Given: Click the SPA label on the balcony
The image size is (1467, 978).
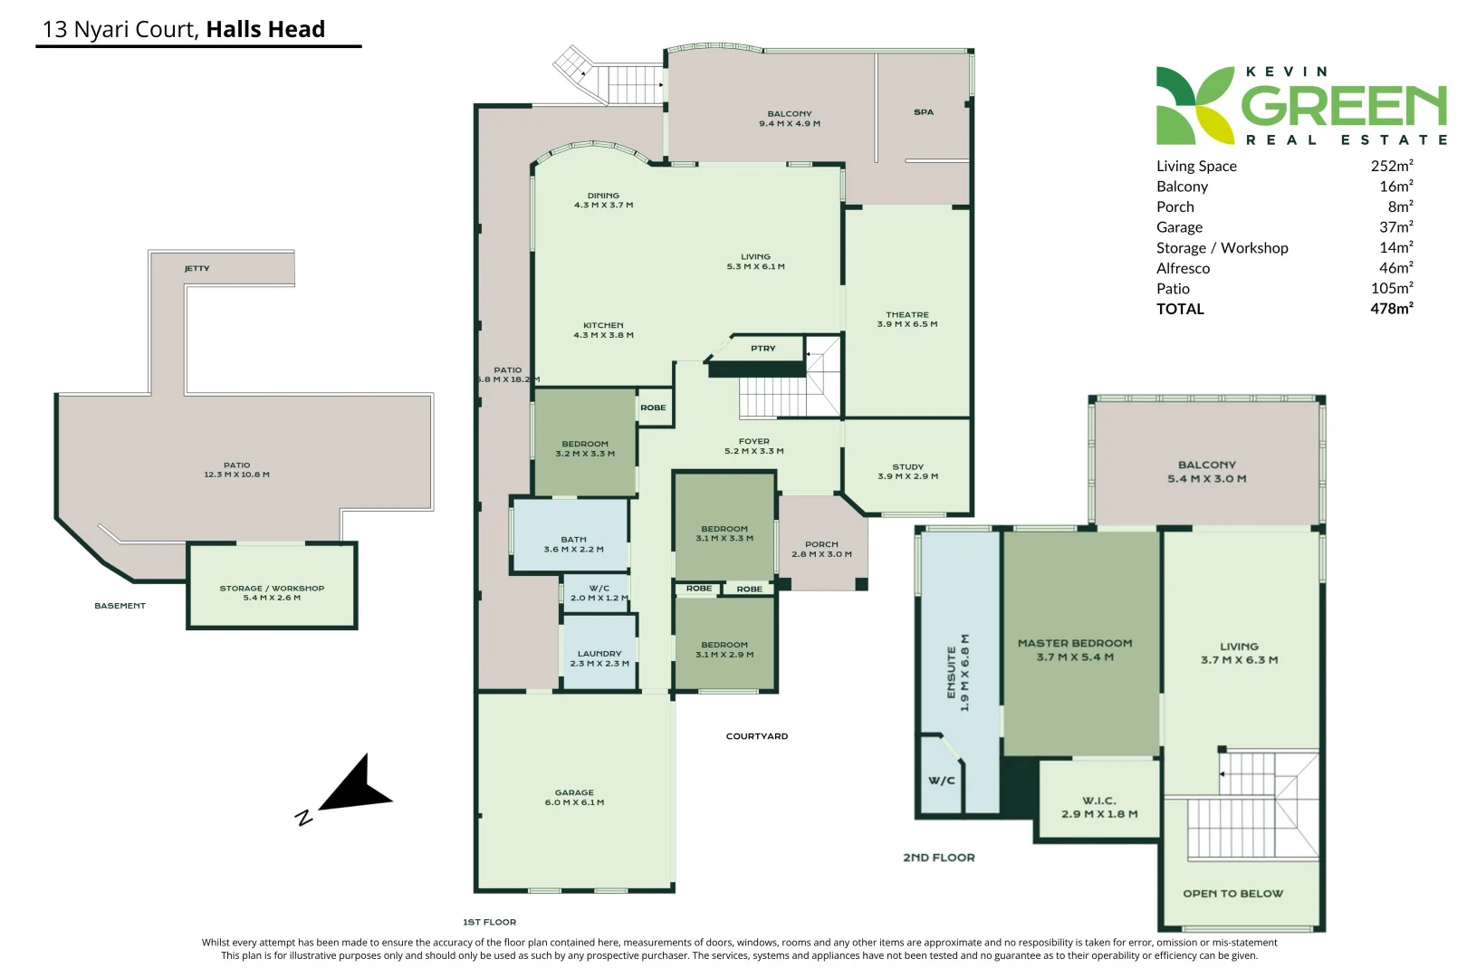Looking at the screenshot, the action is coord(924,112).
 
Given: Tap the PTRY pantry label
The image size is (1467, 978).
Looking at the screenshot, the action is coord(763,349).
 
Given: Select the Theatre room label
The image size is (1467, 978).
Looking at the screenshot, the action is coord(907,319).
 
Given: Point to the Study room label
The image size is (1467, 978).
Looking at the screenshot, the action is coord(907,472).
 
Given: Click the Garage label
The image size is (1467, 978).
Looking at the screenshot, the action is coord(574,797).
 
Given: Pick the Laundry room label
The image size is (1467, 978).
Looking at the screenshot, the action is coord(599,658).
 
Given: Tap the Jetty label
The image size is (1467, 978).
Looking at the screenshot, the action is coord(197,269).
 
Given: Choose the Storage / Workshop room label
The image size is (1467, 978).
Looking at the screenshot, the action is coord(272,593).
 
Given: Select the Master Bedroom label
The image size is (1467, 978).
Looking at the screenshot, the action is coord(1075,650).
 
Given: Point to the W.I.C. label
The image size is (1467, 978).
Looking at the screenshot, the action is coord(1099,807).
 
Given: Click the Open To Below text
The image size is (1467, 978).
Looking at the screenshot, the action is coord(1232,894).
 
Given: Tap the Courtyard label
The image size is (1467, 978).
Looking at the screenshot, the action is coord(756,736).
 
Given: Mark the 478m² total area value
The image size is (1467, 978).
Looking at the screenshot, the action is coord(1392,308).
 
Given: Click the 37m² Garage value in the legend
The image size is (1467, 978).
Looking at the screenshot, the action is coord(1396,226).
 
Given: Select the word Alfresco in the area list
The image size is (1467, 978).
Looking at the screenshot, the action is coord(1183,268).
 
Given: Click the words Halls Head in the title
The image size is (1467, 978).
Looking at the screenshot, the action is coord(265,29).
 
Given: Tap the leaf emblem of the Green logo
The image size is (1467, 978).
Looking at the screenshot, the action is coord(1195,105).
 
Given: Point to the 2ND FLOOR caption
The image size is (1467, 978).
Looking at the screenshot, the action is coord(938,858).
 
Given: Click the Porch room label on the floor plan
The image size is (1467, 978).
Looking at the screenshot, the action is coord(821,549).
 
